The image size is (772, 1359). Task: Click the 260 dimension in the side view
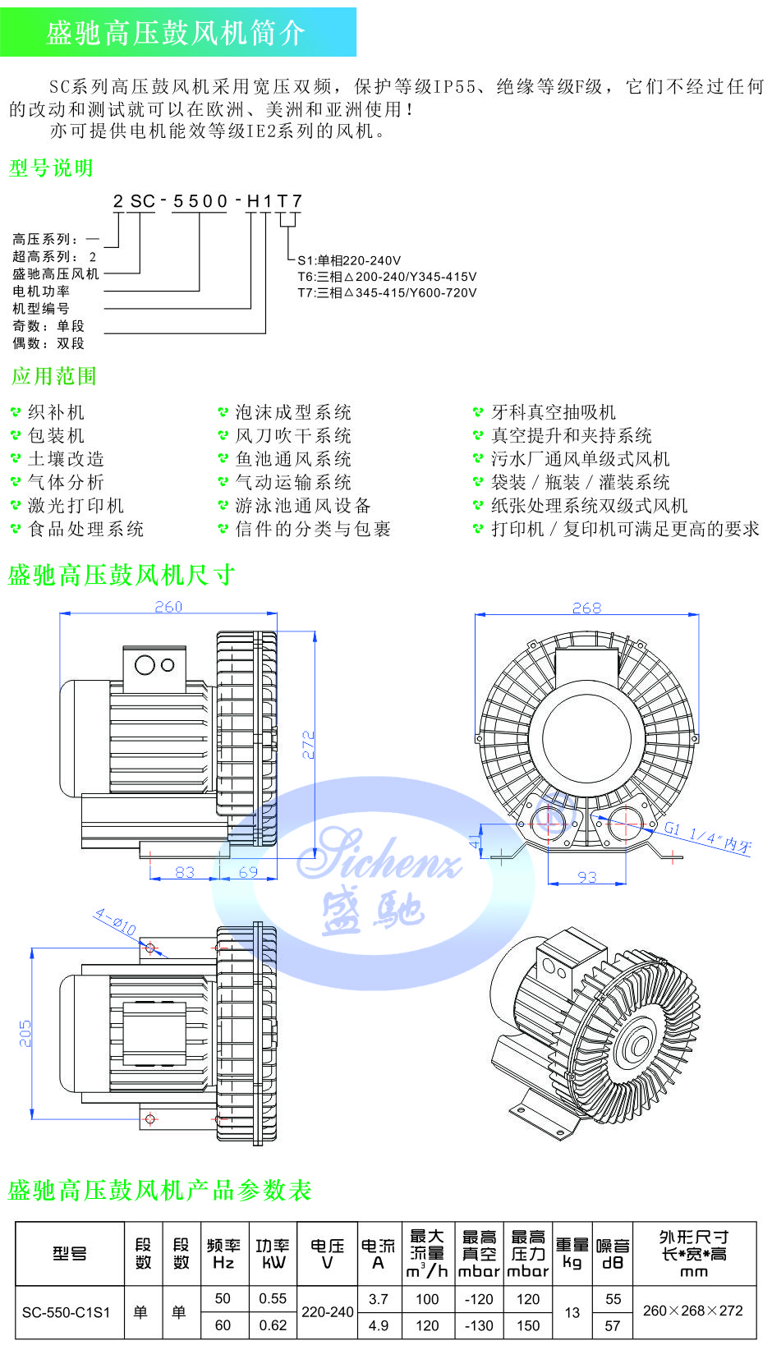pos(168,607)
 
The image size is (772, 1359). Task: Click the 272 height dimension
pos(309,744)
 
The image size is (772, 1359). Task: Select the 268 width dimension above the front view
pos(586,608)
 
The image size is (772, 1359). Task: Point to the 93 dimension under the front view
pos(587,877)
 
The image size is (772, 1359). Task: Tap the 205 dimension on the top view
pos(25,1033)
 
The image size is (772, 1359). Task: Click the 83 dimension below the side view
pos(185,872)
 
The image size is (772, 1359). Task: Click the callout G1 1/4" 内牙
pos(707,837)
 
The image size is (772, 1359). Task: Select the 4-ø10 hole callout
pos(115,922)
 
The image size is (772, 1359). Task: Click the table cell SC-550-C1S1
pos(66,1312)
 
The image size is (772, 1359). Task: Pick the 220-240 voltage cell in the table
pos(327,1312)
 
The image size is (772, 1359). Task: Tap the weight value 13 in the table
pos(572,1312)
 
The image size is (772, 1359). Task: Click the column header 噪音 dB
pos(613,1254)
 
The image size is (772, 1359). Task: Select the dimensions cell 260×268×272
pos(692,1311)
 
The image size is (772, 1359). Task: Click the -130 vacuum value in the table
pos(478,1325)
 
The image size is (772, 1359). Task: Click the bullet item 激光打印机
pos(76,506)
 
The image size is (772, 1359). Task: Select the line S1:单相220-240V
pos(349,260)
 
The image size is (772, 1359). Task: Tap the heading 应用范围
pos(54,377)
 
